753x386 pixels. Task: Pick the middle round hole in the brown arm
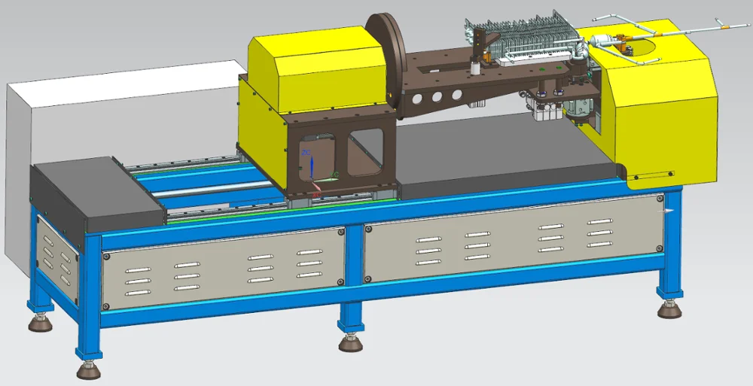point(436,96)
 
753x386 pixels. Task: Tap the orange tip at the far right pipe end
point(727,26)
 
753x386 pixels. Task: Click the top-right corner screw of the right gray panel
point(660,199)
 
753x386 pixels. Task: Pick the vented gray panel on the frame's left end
point(56,256)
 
